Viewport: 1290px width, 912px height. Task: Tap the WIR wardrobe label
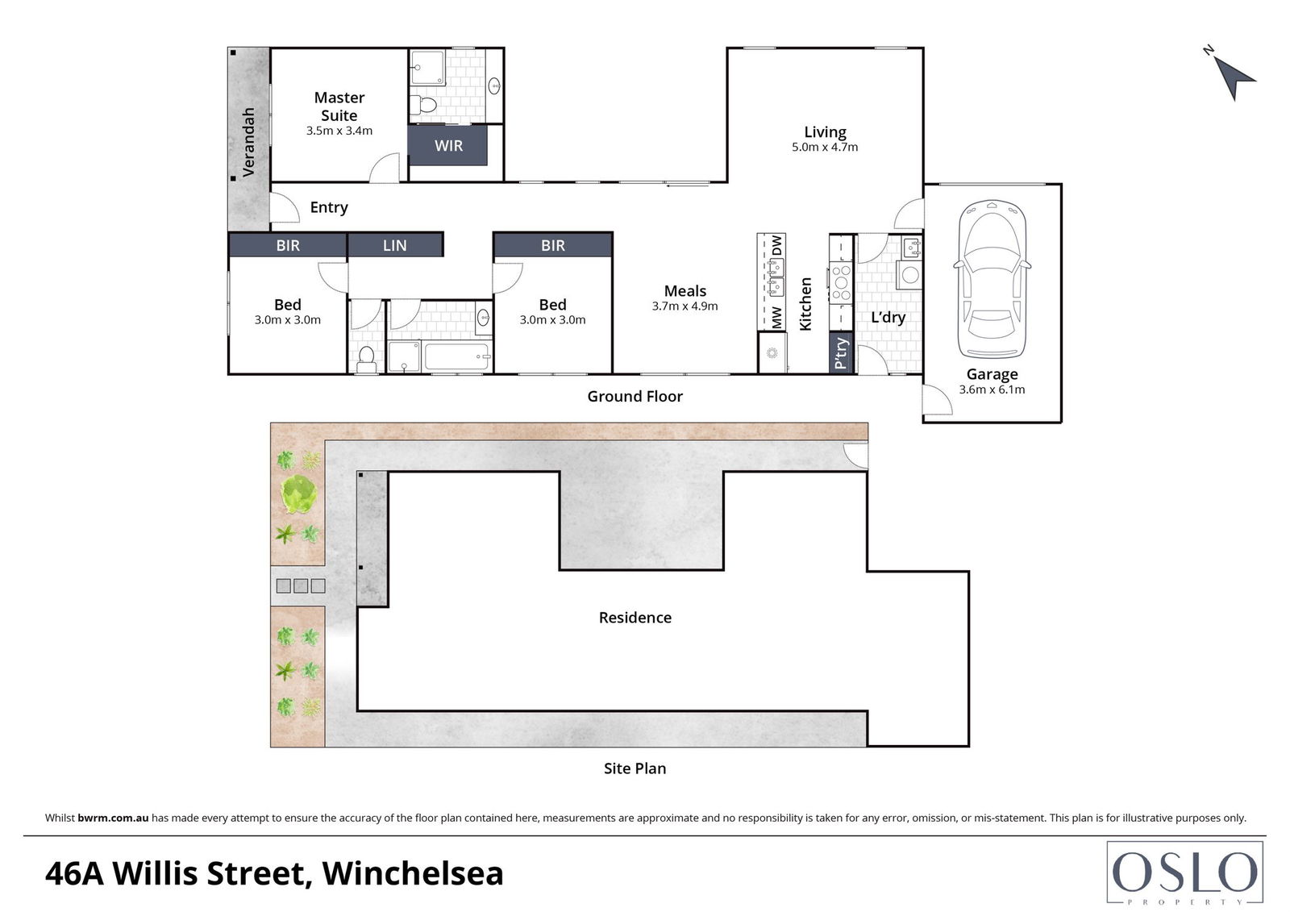coord(448,146)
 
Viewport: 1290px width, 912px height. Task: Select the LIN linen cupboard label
coord(394,245)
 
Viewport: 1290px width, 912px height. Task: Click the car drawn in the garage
coord(992,280)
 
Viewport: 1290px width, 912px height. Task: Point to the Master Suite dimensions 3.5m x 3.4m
coord(339,131)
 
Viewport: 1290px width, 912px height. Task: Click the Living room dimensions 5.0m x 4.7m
coord(825,147)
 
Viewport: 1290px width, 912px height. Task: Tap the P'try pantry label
coord(841,352)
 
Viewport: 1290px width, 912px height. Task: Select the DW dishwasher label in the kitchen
coord(777,245)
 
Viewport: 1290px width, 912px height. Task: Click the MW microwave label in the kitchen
coord(777,318)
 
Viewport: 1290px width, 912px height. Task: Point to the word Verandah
coord(248,142)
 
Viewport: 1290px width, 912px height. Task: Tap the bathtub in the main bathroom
coord(457,356)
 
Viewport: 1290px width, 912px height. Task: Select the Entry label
coord(329,207)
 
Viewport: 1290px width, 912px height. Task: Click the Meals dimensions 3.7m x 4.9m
coord(685,306)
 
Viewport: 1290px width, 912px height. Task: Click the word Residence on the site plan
coord(635,618)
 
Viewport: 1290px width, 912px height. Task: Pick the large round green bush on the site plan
coord(299,493)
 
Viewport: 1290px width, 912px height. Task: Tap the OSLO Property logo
coord(1184,872)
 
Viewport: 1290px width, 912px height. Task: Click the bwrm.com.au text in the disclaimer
coord(113,818)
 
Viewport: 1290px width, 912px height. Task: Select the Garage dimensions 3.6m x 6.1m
coord(992,389)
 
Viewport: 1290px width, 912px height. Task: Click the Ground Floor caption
coord(635,397)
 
